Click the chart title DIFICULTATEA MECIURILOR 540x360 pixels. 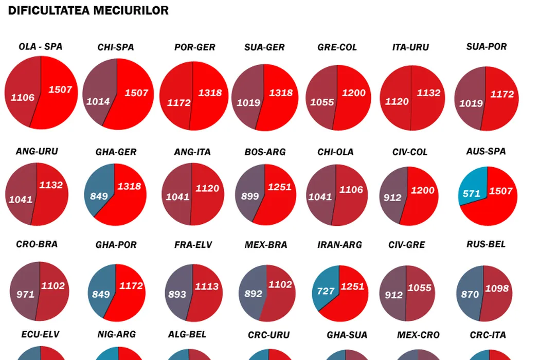pyautogui.click(x=88, y=10)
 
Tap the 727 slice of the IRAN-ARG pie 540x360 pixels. pyautogui.click(x=326, y=289)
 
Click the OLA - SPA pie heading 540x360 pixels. pyautogui.click(x=41, y=46)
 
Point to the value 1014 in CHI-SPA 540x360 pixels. pyautogui.click(x=98, y=101)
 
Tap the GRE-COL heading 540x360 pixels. pyautogui.click(x=337, y=47)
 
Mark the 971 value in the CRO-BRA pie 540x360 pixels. pyautogui.click(x=25, y=294)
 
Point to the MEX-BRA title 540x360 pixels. pyautogui.click(x=266, y=245)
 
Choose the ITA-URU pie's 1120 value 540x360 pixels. pyautogui.click(x=397, y=101)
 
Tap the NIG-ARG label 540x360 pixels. pyautogui.click(x=116, y=334)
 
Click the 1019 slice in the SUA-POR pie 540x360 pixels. pyautogui.click(x=471, y=103)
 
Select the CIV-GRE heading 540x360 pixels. pyautogui.click(x=407, y=245)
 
